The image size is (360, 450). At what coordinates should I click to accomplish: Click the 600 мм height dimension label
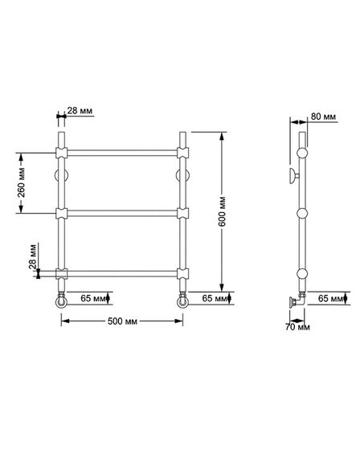222,211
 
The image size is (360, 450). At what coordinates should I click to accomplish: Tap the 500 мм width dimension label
123,321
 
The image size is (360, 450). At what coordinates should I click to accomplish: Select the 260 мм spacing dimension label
21,182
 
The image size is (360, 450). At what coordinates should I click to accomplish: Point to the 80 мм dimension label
323,117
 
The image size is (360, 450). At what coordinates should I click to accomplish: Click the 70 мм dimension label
297,327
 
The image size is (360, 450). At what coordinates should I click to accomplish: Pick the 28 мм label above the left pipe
80,111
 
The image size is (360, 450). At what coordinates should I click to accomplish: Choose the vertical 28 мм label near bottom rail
32,256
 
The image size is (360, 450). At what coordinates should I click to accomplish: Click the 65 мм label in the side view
331,298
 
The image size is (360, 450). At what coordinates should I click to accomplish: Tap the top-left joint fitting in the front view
61,153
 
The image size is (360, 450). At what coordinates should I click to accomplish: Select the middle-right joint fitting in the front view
182,213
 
